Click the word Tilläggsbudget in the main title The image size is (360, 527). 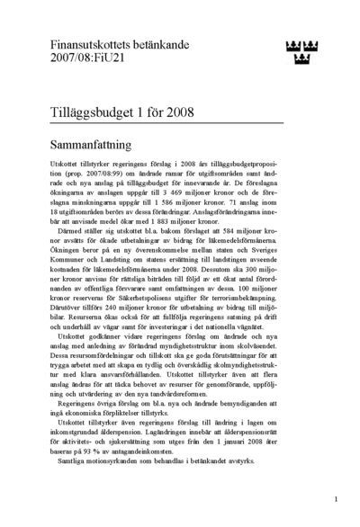pyautogui.click(x=99, y=113)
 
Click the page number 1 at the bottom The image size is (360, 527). pyautogui.click(x=335, y=497)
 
